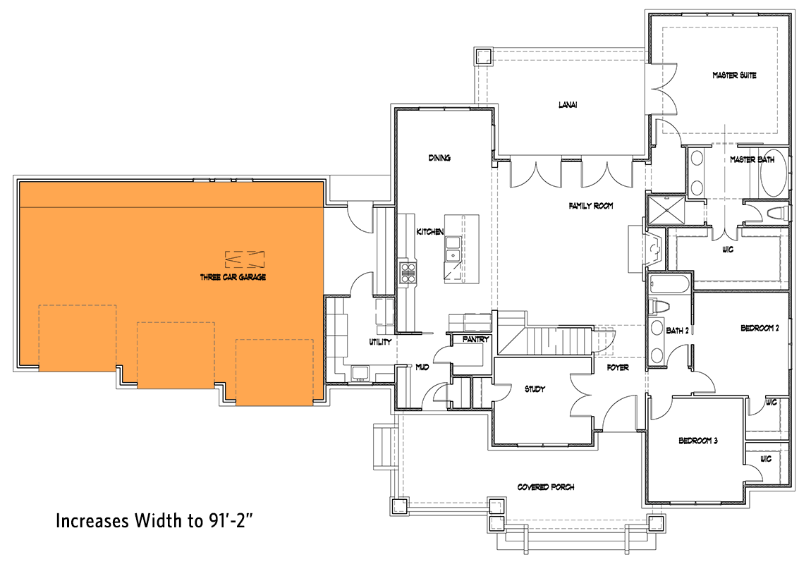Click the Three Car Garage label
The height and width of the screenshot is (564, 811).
(233, 278)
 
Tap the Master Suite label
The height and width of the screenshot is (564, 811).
(734, 75)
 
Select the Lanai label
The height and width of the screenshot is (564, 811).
(567, 106)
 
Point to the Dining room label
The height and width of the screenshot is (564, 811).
(439, 158)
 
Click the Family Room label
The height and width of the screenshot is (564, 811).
(591, 207)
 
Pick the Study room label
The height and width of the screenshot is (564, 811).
(535, 388)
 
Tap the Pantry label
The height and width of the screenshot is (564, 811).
(476, 340)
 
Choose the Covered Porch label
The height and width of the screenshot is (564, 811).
(546, 487)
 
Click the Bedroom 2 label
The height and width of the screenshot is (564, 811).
(759, 328)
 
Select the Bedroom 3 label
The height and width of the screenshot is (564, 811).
(697, 441)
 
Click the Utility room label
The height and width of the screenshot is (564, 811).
(380, 342)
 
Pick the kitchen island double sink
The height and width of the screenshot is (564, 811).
(453, 248)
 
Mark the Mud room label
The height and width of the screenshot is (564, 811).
(422, 367)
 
